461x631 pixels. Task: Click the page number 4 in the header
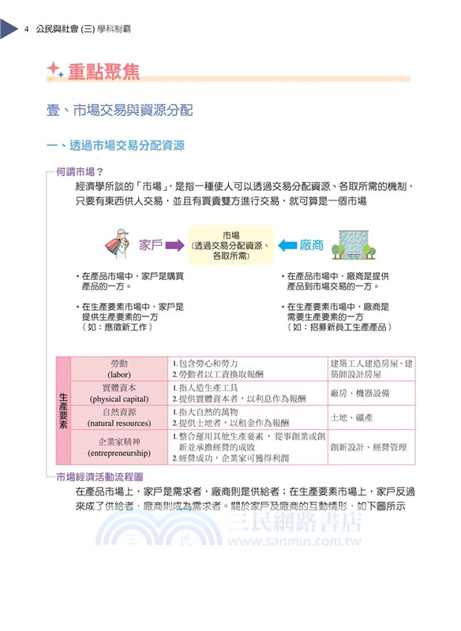tap(27, 30)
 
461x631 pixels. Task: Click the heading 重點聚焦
tap(103, 73)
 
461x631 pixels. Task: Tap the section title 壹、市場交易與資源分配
tap(119, 110)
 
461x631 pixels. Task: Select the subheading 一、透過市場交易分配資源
tap(116, 145)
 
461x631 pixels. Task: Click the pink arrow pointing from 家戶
tap(175, 245)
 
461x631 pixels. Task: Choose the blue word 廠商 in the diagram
tap(313, 245)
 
